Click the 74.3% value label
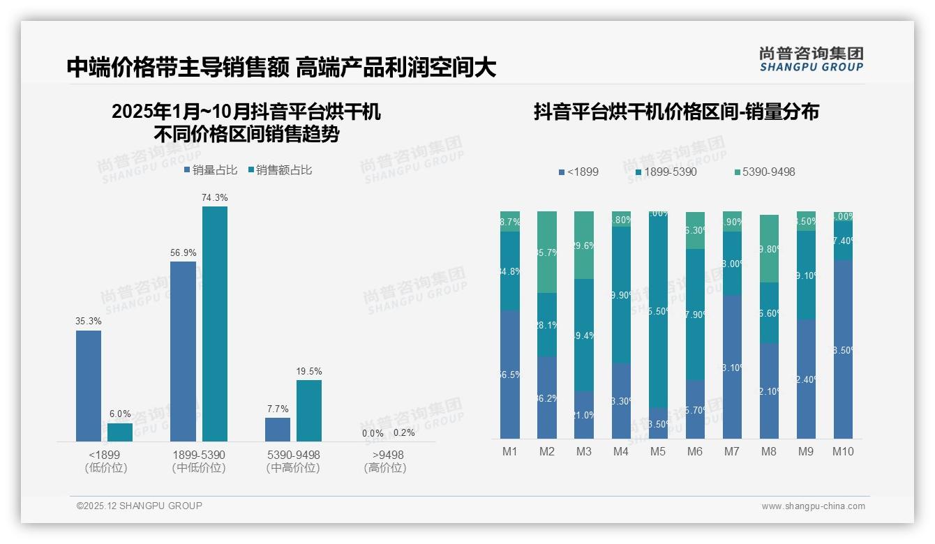215,198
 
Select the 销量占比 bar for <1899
89,386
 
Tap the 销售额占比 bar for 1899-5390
215,324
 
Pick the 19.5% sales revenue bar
309,410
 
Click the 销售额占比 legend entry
280,170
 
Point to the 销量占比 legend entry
211,170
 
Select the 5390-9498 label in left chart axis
293,455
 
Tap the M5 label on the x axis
658,452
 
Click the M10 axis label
843,452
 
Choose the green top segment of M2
547,252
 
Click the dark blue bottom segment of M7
732,367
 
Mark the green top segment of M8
769,248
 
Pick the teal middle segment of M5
658,310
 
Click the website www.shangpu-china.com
813,506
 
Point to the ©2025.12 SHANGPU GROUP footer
140,506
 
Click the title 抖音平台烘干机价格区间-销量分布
676,112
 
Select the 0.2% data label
403,433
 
